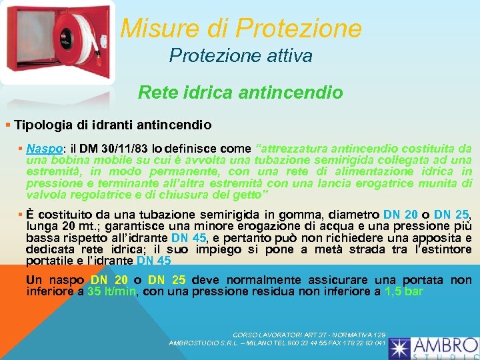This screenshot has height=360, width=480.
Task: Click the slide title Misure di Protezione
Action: (241, 29)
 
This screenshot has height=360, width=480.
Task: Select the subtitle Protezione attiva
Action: (240, 56)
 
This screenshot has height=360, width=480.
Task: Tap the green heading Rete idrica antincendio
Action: (240, 92)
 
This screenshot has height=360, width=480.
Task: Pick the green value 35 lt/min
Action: (111, 291)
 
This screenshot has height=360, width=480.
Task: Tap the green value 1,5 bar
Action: (404, 291)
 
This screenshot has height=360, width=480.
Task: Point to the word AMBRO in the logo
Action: (443, 344)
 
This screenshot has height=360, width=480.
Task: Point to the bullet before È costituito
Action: (21, 214)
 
